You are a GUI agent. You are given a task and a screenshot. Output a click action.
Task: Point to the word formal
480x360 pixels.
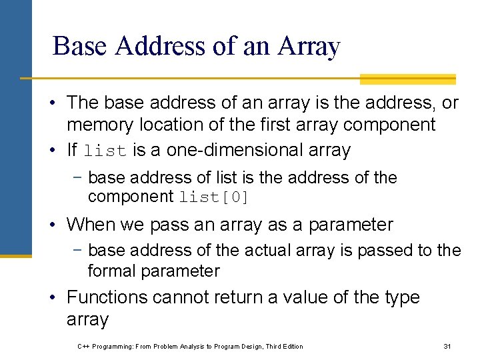[110, 271]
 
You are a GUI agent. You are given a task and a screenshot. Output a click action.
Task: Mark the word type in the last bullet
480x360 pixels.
[399, 297]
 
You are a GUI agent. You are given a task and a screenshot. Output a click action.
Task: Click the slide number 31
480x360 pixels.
[447, 346]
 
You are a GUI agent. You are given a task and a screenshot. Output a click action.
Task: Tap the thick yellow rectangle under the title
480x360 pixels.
[407, 79]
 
